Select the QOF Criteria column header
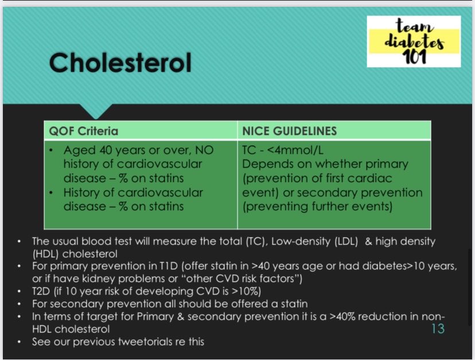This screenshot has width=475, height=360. [x=83, y=131]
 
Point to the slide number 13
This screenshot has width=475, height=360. [x=437, y=328]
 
